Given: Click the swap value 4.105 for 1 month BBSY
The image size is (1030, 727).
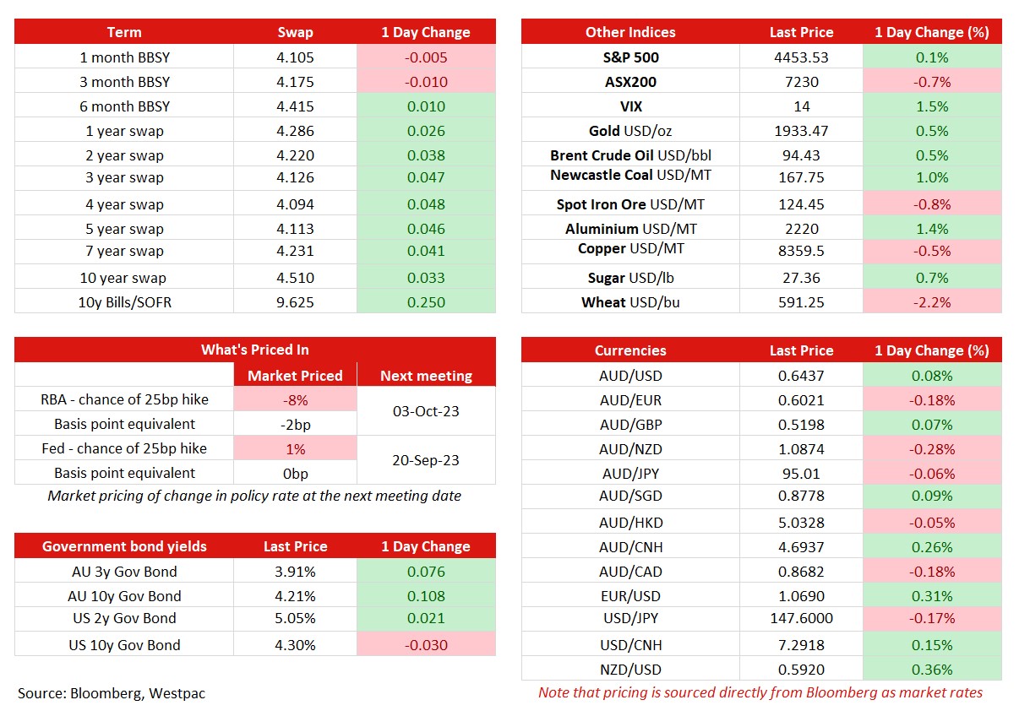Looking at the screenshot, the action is tap(295, 57).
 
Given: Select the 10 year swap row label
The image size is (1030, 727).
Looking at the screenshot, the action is tap(123, 278).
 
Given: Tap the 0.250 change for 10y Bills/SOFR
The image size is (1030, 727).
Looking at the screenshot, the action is tap(426, 302).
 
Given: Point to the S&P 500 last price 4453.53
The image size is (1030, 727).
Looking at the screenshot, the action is tap(802, 57).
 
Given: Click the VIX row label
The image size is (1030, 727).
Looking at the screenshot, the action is tap(631, 106).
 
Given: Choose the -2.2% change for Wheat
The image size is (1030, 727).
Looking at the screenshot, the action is tap(932, 302).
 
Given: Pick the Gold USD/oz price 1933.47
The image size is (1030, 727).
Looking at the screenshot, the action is tap(802, 131).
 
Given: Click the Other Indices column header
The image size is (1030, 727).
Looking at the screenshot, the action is tap(630, 32).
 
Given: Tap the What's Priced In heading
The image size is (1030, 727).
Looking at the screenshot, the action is tap(254, 350).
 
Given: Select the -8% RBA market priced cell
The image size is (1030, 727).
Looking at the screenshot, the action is tap(295, 400).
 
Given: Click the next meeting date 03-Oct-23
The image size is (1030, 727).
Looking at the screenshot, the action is tap(426, 411).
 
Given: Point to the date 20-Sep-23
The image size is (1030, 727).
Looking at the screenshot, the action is tap(426, 460).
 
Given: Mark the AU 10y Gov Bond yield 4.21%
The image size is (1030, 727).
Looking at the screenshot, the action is tap(295, 596).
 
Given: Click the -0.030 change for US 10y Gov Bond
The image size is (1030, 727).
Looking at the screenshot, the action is tap(426, 645).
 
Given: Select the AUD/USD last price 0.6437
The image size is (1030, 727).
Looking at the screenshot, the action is tap(802, 376).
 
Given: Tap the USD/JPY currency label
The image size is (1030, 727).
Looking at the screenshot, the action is tap(631, 619).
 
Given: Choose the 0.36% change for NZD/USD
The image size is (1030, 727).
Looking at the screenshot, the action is tap(932, 670).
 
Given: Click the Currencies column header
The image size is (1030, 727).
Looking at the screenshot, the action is tap(630, 350).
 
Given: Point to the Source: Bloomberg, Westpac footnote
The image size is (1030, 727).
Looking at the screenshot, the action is tap(112, 693).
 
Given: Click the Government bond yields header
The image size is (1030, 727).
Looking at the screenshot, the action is tap(124, 546).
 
